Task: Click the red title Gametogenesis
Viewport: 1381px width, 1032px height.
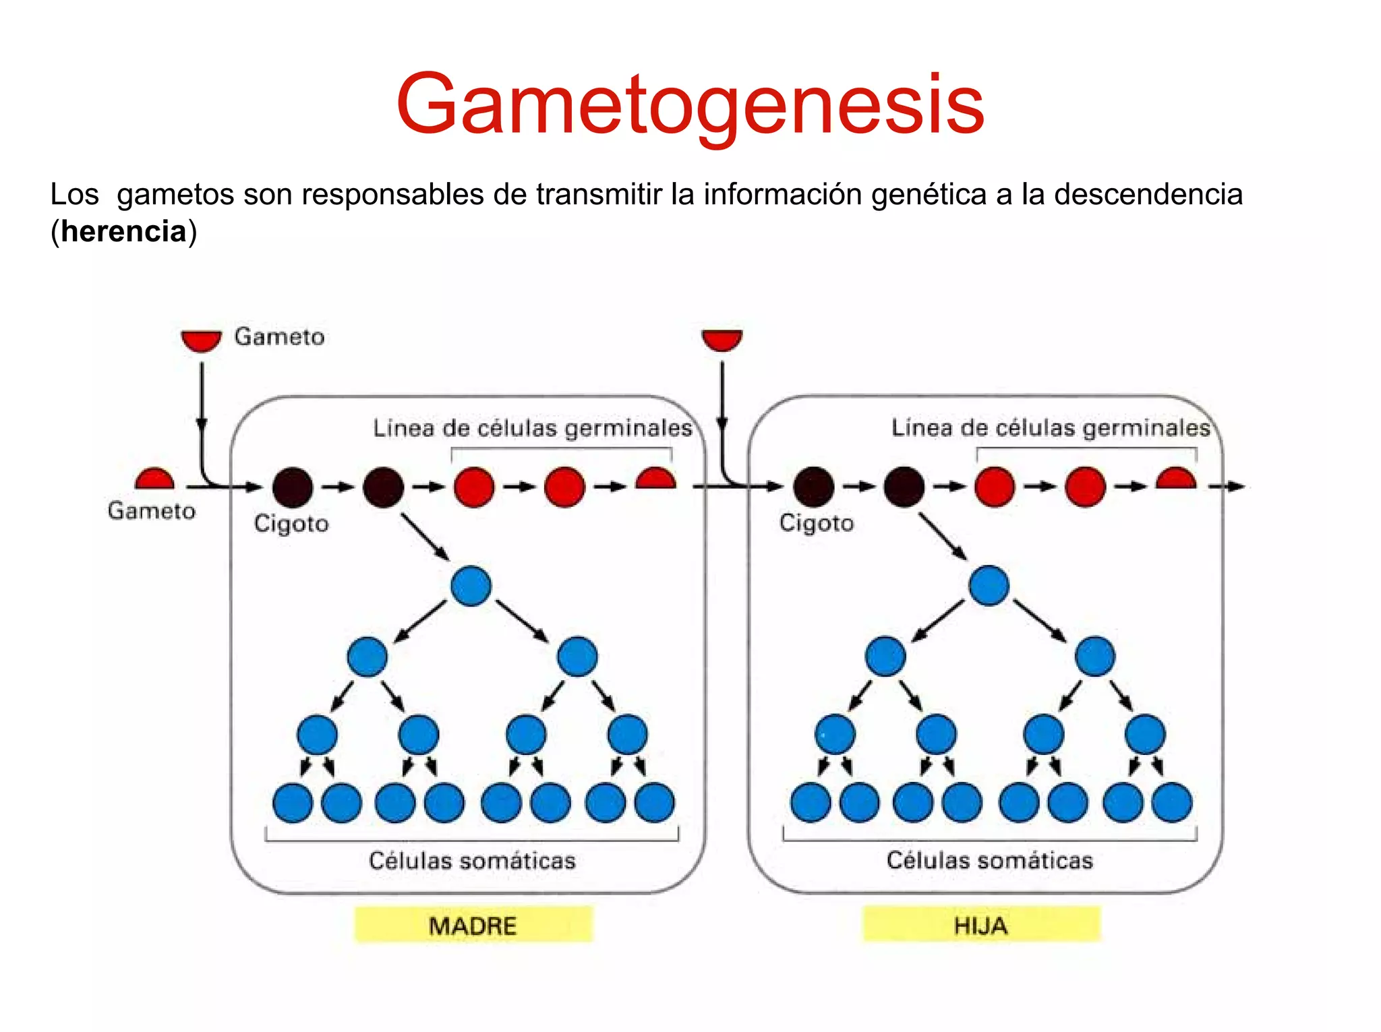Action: click(x=690, y=104)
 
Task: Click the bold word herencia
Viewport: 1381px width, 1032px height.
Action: click(x=123, y=231)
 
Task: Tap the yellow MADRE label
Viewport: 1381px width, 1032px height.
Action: click(x=473, y=925)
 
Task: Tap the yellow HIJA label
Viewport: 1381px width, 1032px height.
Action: click(x=981, y=925)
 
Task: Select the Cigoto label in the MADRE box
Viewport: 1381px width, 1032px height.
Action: click(x=291, y=524)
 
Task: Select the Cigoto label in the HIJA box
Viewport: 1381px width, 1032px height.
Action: click(x=817, y=523)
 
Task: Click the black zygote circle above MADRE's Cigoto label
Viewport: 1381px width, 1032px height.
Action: click(x=292, y=487)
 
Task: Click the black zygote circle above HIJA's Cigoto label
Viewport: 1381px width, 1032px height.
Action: click(x=813, y=487)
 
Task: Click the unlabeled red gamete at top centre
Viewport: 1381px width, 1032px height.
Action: click(x=722, y=339)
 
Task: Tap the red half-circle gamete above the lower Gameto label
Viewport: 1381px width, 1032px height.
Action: click(x=154, y=479)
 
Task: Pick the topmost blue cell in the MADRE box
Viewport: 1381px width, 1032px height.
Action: click(x=471, y=586)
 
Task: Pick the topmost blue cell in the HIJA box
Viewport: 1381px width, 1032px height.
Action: click(x=989, y=585)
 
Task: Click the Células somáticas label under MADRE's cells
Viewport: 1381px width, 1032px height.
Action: click(x=472, y=861)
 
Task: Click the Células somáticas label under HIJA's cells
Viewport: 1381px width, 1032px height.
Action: click(x=989, y=860)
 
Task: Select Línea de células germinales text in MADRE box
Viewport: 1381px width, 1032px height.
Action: click(x=533, y=428)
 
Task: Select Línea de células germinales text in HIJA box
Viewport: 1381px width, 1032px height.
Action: click(x=1051, y=427)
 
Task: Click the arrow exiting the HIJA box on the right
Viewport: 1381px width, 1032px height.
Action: click(x=1227, y=486)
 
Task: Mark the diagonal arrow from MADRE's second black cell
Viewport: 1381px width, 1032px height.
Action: click(x=425, y=537)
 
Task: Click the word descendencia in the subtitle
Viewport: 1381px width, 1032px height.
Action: click(x=1148, y=195)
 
